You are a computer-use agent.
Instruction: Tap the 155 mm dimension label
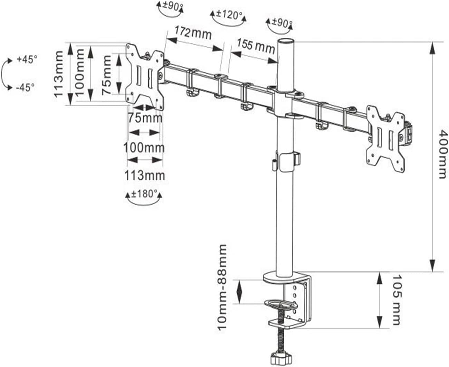256,45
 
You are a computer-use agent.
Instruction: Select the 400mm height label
442,154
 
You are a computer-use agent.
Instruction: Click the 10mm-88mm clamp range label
223,287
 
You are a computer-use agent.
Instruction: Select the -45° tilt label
25,87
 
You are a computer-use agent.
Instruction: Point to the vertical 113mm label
59,74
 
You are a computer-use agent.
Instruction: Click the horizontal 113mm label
144,175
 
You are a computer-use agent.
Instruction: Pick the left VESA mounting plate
145,76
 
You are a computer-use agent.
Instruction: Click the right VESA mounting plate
385,136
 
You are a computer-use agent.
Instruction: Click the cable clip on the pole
287,161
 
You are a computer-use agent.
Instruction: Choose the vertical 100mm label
79,72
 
